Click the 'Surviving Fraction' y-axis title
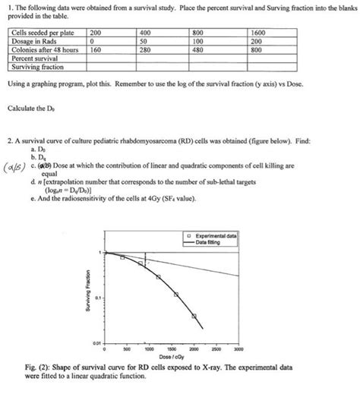(89, 297)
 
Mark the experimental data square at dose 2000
(194, 315)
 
